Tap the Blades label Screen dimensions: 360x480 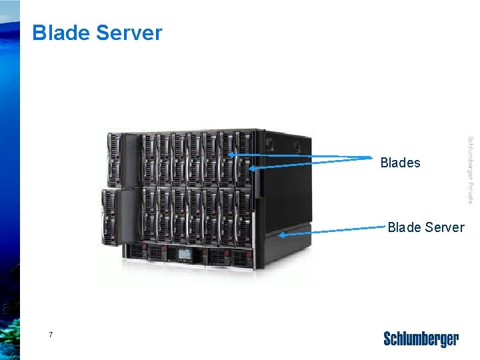400,163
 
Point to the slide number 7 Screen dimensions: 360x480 51,334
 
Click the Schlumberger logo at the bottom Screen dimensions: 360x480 421,339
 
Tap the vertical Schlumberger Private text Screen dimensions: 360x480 471,170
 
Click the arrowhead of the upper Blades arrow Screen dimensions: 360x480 231,154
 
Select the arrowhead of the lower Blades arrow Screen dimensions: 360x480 252,168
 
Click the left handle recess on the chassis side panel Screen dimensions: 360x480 269,142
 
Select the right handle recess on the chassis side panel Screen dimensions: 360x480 296,147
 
